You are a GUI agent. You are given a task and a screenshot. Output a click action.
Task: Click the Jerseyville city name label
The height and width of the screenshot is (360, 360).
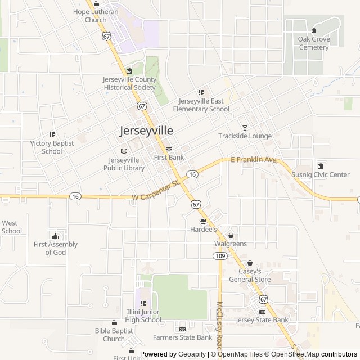pyautogui.click(x=146, y=130)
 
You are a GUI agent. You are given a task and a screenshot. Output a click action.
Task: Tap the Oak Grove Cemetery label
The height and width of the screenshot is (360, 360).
pyautogui.click(x=313, y=43)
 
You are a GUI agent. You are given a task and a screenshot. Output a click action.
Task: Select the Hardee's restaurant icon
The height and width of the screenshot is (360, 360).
pyautogui.click(x=203, y=220)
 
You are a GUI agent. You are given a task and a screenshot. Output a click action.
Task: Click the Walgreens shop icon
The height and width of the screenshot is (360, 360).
pyautogui.click(x=230, y=235)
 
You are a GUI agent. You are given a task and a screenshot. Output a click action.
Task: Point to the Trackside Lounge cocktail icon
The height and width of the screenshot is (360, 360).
pyautogui.click(x=245, y=128)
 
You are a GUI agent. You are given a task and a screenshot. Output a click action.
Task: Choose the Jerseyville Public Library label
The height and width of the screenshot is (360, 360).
pyautogui.click(x=124, y=164)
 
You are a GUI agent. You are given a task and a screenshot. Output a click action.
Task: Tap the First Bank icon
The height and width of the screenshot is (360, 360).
pyautogui.click(x=169, y=149)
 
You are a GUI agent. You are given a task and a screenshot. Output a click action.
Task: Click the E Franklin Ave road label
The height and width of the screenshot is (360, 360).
pyautogui.click(x=254, y=160)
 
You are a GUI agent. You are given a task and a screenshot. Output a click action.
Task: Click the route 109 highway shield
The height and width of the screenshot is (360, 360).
pyautogui.click(x=219, y=256)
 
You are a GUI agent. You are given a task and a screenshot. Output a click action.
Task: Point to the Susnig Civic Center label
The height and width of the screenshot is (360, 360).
pyautogui.click(x=320, y=174)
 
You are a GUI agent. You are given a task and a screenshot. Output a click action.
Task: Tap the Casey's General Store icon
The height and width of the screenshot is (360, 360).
pyautogui.click(x=250, y=263)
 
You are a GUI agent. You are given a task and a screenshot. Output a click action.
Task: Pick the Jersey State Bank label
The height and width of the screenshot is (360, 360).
pyautogui.click(x=262, y=320)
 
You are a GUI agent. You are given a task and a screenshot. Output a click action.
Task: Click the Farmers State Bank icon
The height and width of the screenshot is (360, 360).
pyautogui.click(x=182, y=329)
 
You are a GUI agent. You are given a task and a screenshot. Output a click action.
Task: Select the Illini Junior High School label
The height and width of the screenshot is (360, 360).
pyautogui.click(x=143, y=316)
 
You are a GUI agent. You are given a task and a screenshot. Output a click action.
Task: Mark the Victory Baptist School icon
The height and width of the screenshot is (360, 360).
pyautogui.click(x=52, y=135)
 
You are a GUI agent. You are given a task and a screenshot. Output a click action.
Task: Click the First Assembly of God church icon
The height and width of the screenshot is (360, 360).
pyautogui.click(x=55, y=236)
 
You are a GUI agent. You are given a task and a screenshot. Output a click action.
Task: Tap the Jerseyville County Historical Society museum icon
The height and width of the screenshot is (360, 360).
pyautogui.click(x=130, y=71)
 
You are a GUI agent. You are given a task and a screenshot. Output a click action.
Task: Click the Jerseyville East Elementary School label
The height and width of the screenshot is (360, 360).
pyautogui.click(x=201, y=105)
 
